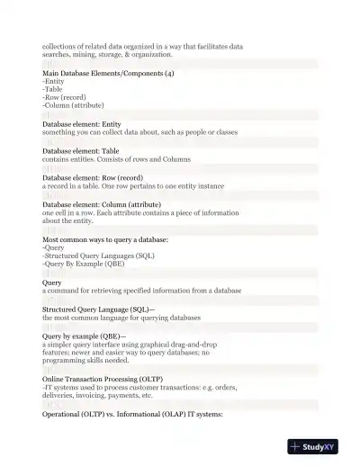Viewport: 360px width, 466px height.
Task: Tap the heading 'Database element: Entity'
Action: tap(82, 124)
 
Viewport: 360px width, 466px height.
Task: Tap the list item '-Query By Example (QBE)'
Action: tap(84, 264)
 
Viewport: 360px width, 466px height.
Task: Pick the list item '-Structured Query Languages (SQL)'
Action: tap(99, 256)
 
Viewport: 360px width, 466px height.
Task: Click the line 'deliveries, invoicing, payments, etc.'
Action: tap(97, 395)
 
